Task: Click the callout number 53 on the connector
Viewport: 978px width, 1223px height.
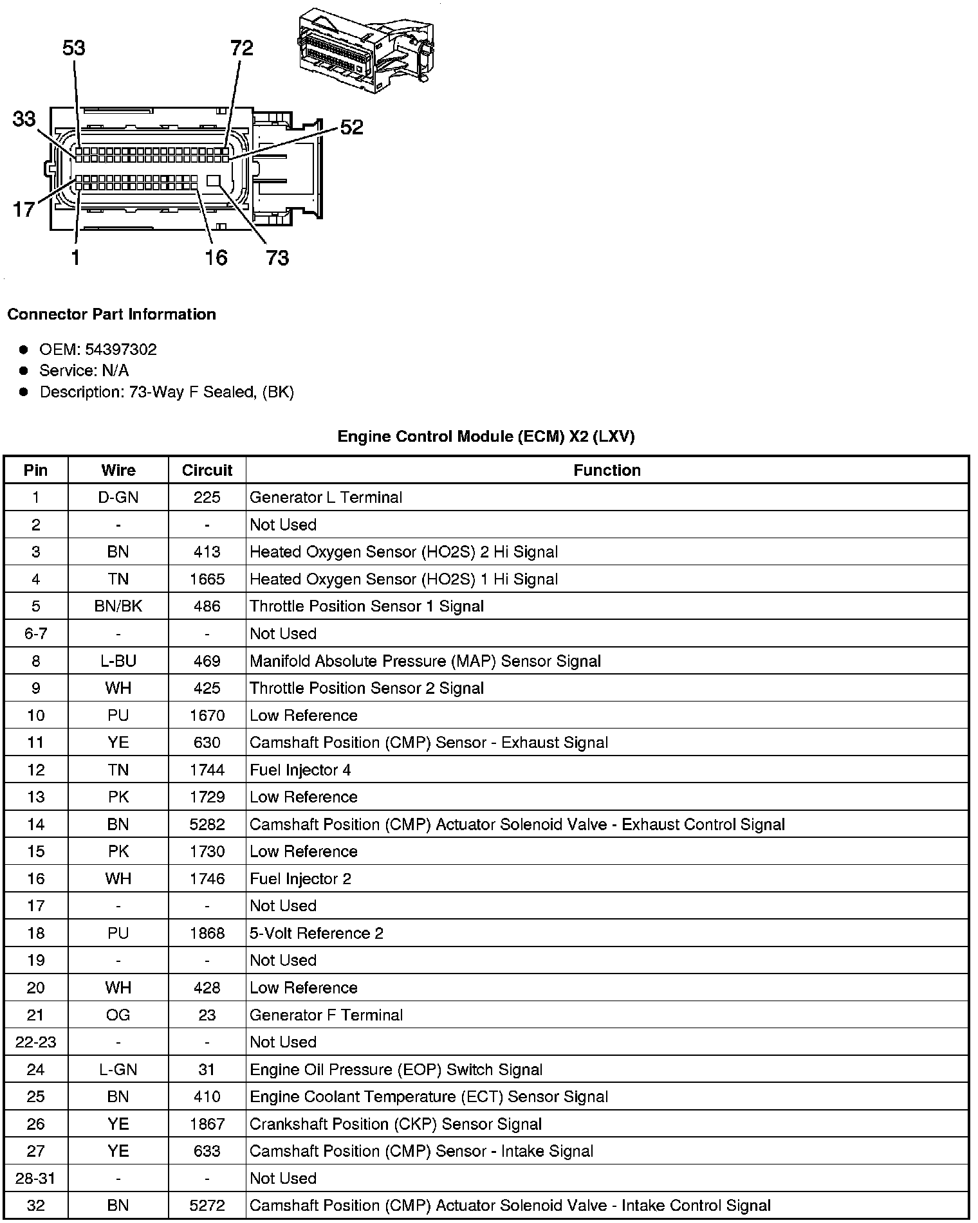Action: [x=74, y=48]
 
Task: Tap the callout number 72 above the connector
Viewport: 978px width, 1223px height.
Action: [x=241, y=48]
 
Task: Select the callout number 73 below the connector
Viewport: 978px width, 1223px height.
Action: [x=277, y=258]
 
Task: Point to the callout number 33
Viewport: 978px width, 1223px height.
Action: [x=24, y=119]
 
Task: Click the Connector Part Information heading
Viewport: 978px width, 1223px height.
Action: [x=111, y=314]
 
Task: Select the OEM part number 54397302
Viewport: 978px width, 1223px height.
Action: [x=120, y=349]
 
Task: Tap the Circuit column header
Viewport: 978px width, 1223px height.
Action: [x=207, y=470]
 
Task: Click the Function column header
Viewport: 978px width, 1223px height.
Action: [x=607, y=470]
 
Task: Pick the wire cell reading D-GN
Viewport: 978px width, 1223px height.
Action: [x=118, y=497]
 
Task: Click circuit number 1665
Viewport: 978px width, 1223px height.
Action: [x=207, y=579]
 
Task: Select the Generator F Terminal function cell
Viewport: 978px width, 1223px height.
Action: [x=326, y=1015]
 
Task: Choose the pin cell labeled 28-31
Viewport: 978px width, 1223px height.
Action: [x=35, y=1178]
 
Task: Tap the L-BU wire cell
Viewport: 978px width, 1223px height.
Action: [x=118, y=661]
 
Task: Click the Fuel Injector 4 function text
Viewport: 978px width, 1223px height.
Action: [x=300, y=770]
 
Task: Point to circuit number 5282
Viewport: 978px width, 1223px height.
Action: [x=207, y=824]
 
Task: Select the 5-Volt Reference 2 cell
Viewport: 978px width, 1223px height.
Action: [x=316, y=933]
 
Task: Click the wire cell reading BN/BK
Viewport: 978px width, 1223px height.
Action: [x=118, y=606]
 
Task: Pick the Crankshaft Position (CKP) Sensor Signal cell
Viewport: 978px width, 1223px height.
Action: [x=395, y=1124]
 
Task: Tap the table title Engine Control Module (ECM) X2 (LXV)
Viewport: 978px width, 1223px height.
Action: [x=486, y=437]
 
